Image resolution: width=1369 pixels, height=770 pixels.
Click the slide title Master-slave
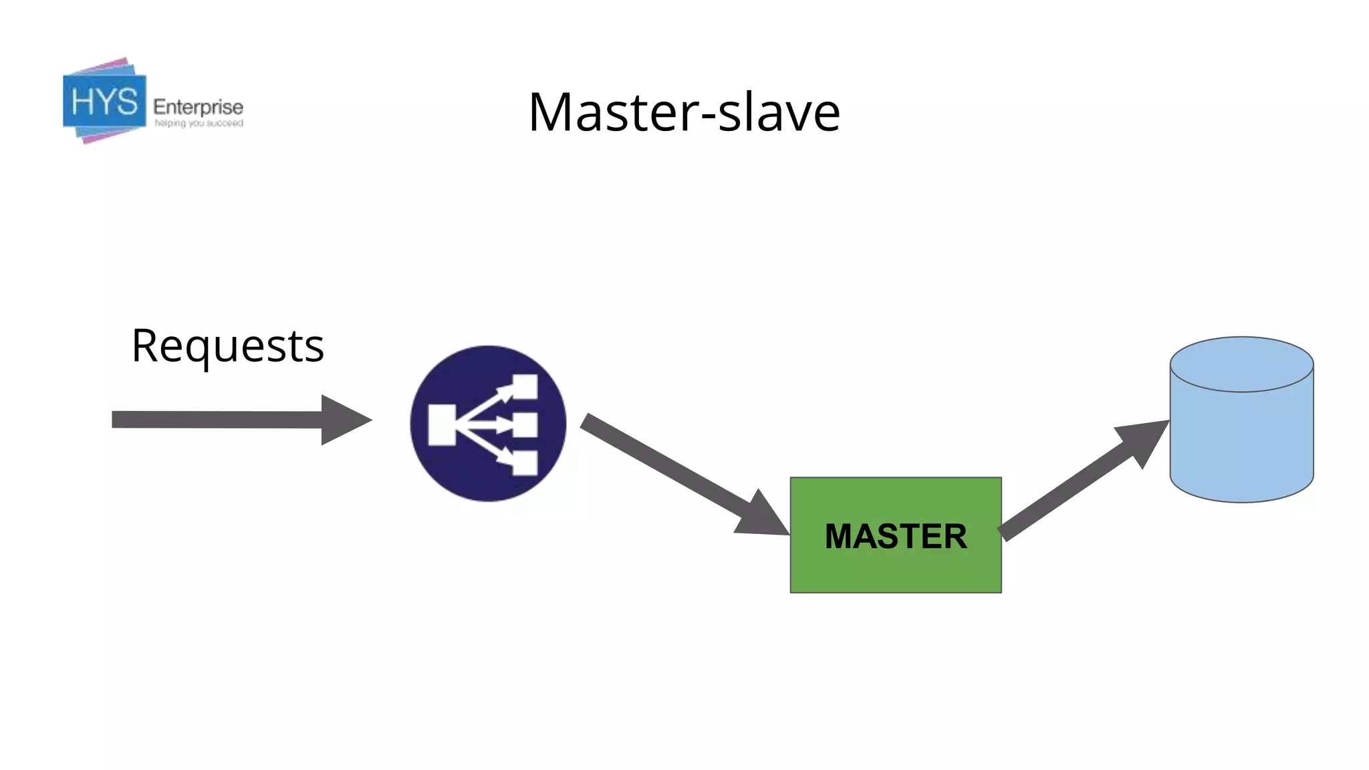tap(684, 112)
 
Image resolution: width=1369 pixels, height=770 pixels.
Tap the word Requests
tap(227, 346)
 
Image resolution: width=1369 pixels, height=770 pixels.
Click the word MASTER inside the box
tap(896, 536)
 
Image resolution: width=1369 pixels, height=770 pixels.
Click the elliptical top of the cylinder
tap(1241, 364)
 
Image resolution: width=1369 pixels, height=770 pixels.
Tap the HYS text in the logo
tap(104, 102)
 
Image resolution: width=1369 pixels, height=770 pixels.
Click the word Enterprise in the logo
tap(198, 106)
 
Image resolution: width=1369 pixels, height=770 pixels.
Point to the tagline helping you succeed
tap(199, 124)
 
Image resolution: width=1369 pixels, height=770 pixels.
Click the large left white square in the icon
tap(442, 424)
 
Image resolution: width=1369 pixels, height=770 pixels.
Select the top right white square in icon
tap(525, 386)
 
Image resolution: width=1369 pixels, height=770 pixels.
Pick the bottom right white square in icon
tap(525, 463)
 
